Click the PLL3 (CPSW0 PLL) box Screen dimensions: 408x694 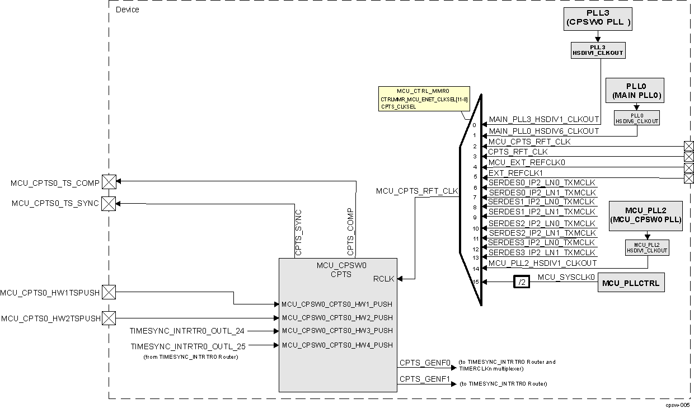coord(597,18)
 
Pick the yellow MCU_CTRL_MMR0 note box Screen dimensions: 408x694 coord(424,99)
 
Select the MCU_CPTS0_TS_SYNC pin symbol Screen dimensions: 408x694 coord(109,204)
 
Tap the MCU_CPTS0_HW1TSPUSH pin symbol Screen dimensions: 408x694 coord(109,292)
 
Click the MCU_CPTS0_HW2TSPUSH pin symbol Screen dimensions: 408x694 coord(109,318)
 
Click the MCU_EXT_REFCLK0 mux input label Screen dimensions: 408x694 coord(527,162)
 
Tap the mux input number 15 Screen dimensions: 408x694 coord(475,282)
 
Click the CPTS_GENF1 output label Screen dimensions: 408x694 coord(425,379)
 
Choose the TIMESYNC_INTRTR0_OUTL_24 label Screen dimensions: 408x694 coord(187,331)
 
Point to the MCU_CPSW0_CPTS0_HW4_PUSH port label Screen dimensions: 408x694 coord(337,345)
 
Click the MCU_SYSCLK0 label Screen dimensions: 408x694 coord(566,276)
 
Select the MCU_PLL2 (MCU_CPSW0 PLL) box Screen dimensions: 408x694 coord(645,215)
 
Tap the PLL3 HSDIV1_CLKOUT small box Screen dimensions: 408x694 coord(598,50)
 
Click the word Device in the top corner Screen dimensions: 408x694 coord(127,10)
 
